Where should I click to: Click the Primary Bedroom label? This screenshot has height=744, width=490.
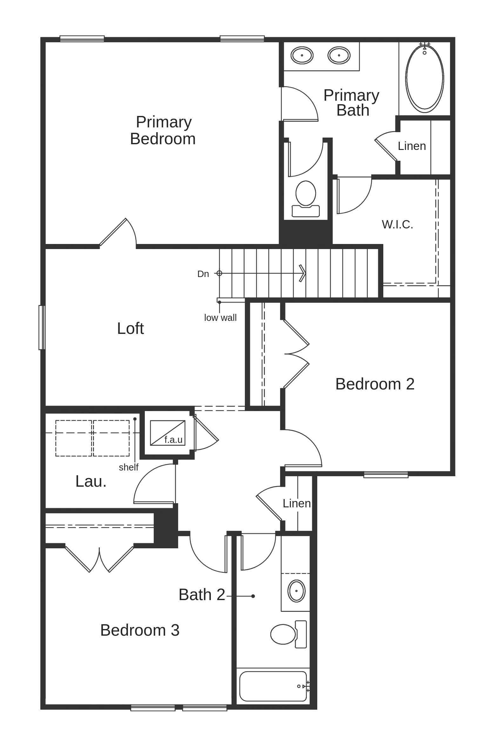coord(163,131)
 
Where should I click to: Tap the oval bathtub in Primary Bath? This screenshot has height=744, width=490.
coord(425,78)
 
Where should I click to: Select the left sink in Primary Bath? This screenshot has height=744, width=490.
coord(302,55)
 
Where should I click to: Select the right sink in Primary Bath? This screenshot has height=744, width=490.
coord(339,55)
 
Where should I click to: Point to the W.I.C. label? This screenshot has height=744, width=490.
coord(397,225)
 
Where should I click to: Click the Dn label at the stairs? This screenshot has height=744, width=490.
coord(203,274)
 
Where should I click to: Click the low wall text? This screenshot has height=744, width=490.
coord(220,318)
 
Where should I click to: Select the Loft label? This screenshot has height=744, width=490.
coord(131,328)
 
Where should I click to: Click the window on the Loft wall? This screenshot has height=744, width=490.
coord(42,328)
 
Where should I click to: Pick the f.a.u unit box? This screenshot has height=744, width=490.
coord(167,433)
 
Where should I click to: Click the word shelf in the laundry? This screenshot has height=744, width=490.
coord(129,467)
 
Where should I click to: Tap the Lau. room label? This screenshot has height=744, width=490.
coord(91,482)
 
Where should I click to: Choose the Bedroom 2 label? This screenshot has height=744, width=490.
coord(375,384)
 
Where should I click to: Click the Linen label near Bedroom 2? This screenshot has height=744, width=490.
coord(297,504)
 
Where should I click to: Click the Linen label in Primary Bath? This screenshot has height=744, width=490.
coord(412,146)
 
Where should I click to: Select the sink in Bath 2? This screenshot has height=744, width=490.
coord(296,591)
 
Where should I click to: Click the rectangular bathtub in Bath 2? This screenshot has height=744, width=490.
coord(273,686)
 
